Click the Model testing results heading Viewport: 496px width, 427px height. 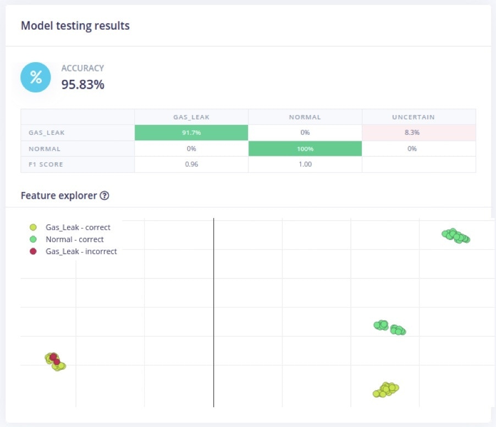pyautogui.click(x=75, y=25)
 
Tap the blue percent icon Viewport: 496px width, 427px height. pyautogui.click(x=36, y=77)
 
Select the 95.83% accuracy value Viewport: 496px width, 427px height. pyautogui.click(x=82, y=84)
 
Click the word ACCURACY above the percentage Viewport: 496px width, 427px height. pyautogui.click(x=82, y=68)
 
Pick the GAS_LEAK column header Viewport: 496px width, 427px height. pyautogui.click(x=191, y=117)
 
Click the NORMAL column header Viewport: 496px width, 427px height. pyautogui.click(x=305, y=117)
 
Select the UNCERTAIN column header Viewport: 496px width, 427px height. pyautogui.click(x=418, y=117)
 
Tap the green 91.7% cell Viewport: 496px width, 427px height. pyautogui.click(x=191, y=133)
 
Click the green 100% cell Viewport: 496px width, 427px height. pyautogui.click(x=305, y=149)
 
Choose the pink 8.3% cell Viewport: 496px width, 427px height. pyautogui.click(x=418, y=133)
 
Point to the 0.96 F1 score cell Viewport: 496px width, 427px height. pyautogui.click(x=191, y=165)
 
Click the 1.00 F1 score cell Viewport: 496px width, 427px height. pyautogui.click(x=305, y=165)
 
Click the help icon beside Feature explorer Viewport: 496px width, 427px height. pyautogui.click(x=104, y=195)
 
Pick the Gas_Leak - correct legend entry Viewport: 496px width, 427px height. pyautogui.click(x=78, y=227)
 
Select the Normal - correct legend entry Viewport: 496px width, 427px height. pyautogui.click(x=74, y=239)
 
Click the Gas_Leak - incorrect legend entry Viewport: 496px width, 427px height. pyautogui.click(x=81, y=251)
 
